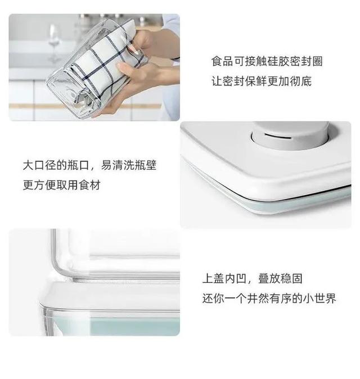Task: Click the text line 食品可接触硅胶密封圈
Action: click(x=267, y=61)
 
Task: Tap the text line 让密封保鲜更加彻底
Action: click(x=262, y=81)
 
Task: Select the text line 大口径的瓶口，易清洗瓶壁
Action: click(x=89, y=165)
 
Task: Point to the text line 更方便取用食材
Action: click(x=62, y=185)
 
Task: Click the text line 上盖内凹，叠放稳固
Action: click(x=253, y=278)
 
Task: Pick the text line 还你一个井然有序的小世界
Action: click(x=269, y=298)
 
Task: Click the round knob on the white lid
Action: click(x=290, y=136)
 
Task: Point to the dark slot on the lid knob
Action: click(x=277, y=136)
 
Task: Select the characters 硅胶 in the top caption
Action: click(x=278, y=61)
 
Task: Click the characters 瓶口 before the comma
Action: click(x=78, y=165)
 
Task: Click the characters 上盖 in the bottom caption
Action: click(x=213, y=278)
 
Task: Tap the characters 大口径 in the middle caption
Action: click(x=39, y=165)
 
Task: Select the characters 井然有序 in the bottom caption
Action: click(x=269, y=298)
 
